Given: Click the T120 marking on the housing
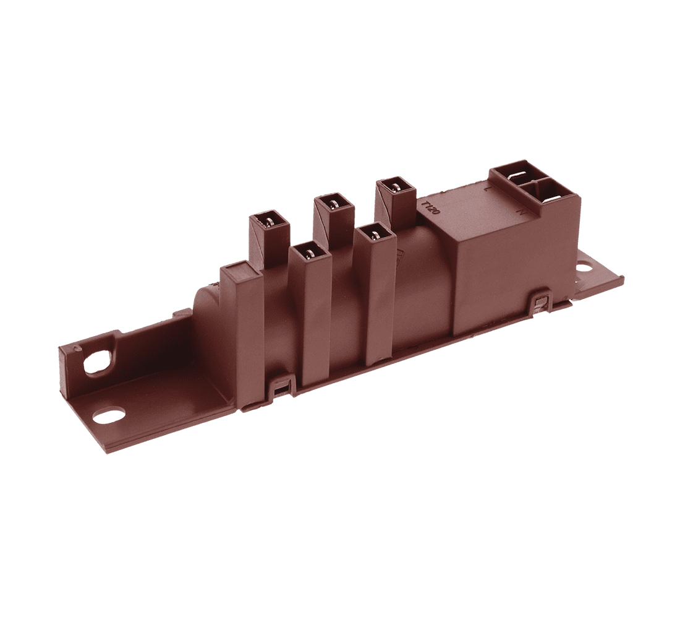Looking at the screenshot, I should tap(430, 206).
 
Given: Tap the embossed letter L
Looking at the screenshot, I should tap(488, 188).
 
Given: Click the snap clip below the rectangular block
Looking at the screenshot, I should tap(540, 303).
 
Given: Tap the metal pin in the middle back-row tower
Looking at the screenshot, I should tap(334, 202).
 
